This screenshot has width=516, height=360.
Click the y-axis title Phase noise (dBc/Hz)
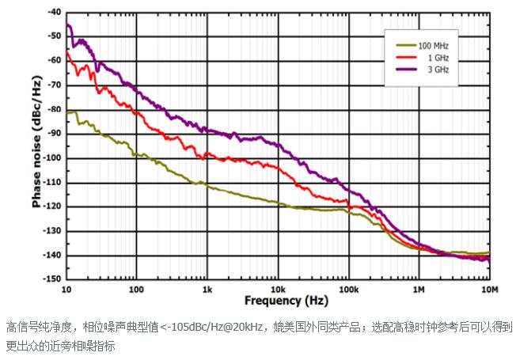click(x=36, y=142)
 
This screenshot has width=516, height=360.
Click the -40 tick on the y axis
click(x=53, y=13)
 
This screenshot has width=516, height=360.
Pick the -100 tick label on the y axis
click(x=51, y=158)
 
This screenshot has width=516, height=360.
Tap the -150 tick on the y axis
click(x=51, y=279)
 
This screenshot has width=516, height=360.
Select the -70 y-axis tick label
click(x=53, y=85)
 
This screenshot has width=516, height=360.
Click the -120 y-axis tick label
click(x=51, y=207)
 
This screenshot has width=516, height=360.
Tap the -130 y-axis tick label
click(x=51, y=231)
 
